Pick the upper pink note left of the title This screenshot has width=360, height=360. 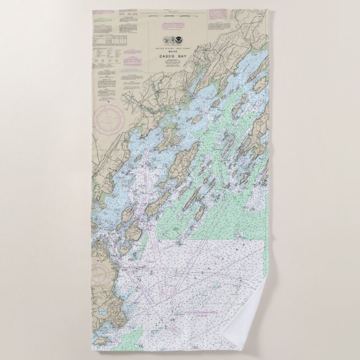(133, 52)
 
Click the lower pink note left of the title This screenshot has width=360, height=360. (133, 60)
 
